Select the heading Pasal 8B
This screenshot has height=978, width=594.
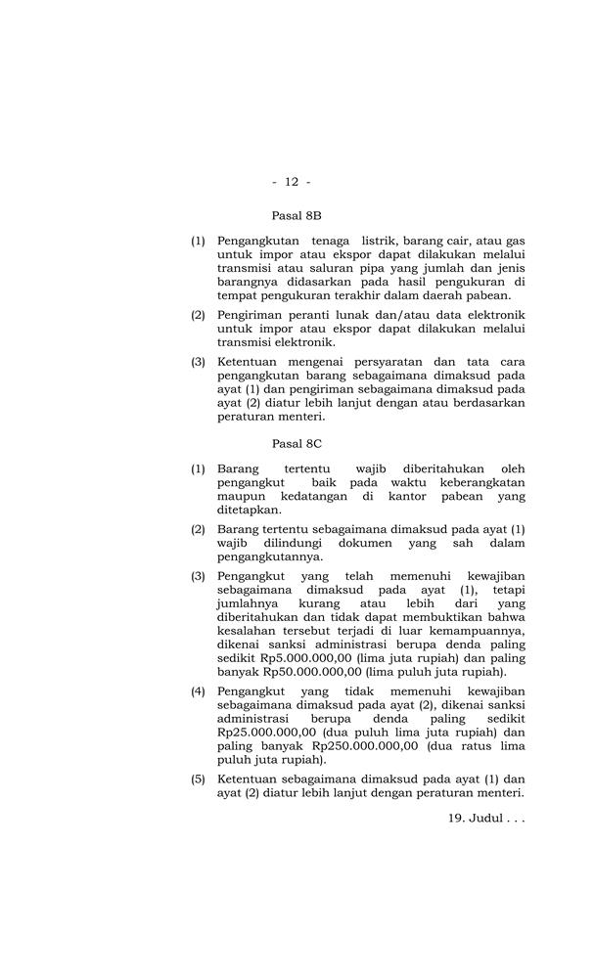(x=297, y=214)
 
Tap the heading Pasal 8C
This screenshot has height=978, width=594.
(x=297, y=444)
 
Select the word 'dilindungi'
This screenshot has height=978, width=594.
(x=292, y=543)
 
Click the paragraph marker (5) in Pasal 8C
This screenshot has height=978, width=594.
(x=198, y=778)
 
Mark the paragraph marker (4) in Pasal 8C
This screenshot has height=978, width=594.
(x=198, y=690)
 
